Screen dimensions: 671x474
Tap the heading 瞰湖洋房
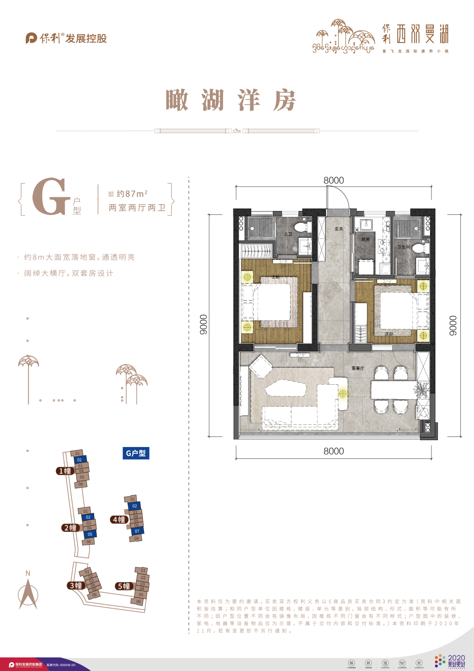pos(231,101)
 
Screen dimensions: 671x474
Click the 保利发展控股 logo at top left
pos(66,38)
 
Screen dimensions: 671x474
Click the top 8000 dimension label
pos(334,180)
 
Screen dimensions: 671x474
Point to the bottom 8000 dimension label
pos(334,451)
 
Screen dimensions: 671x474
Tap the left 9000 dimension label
pos(203,325)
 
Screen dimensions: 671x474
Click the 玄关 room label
pos(339,229)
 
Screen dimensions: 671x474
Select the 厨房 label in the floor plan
pos(366,239)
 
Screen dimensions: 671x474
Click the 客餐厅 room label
pos(358,368)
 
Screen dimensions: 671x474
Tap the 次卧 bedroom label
pos(389,334)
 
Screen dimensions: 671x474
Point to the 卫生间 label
pos(404,247)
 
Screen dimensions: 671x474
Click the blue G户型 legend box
pos(136,453)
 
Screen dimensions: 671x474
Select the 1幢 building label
pos(65,471)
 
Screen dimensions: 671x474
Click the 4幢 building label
pos(119,519)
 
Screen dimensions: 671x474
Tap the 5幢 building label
pos(124,586)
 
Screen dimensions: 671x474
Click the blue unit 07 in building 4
pos(137,531)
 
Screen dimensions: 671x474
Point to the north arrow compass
pos(28,593)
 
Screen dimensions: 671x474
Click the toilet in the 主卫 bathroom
pos(301,227)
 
